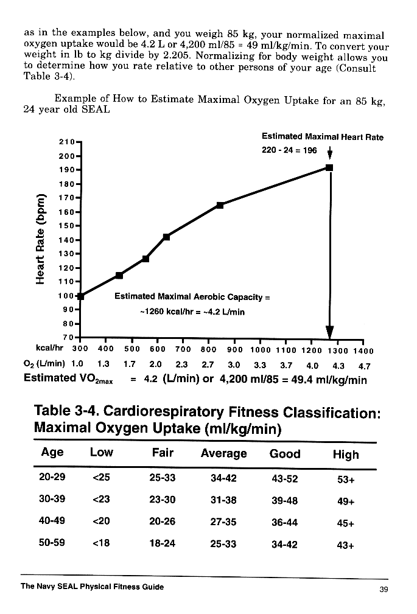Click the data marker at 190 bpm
329,167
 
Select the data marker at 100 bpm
80,296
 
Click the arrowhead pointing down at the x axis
330,331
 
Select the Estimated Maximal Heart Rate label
323,137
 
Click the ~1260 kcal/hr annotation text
192,312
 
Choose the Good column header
285,453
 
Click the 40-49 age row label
52,522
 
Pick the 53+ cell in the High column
346,478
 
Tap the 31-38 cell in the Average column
223,500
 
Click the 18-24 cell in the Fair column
162,543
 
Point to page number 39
383,588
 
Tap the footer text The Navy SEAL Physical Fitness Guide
92,587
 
